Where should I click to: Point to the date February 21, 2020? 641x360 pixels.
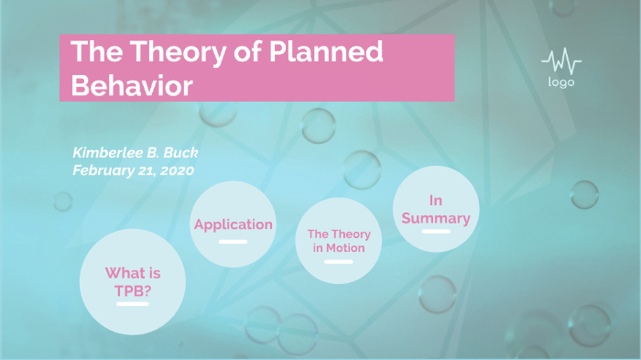pos(133,169)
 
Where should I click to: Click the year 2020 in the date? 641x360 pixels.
pos(176,169)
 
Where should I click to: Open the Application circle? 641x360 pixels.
pos(234,224)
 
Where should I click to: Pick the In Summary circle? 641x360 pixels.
pos(437,210)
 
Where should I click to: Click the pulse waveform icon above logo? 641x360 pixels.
pos(561,62)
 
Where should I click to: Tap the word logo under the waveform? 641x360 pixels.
pos(561,82)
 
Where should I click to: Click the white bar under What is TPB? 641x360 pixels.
pos(133,303)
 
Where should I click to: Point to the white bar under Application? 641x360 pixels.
pos(234,242)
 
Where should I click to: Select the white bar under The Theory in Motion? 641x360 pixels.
pos(338,262)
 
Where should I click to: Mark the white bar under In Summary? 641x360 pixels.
pos(436,232)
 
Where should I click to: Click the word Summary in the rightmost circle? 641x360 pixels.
pos(436,218)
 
